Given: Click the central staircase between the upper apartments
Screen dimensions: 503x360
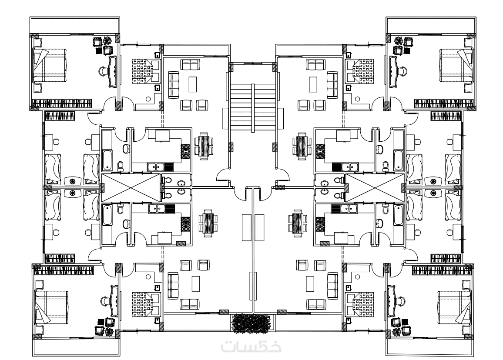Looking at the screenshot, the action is (253, 108).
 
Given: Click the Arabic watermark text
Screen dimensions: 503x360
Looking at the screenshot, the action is (251, 347).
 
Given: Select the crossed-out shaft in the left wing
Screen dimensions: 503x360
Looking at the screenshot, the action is (131, 188).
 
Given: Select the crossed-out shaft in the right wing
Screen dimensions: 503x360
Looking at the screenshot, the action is (375, 188).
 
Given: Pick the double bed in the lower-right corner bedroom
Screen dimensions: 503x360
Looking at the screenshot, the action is (455, 307).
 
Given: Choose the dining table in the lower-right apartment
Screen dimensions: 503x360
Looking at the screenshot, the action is (298, 223).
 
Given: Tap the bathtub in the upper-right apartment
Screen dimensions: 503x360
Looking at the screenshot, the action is (398, 160).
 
